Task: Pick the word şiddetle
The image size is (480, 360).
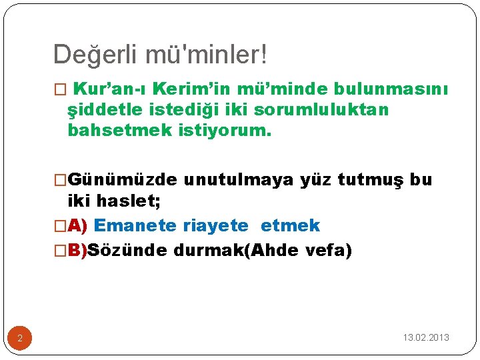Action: pos(106,110)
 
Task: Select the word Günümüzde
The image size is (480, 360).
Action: pos(123,180)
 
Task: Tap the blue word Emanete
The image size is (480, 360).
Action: pos(135,226)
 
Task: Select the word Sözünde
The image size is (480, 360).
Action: pos(127,251)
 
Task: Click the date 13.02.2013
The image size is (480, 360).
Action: pos(426,337)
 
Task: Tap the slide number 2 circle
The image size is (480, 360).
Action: pos(20,339)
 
